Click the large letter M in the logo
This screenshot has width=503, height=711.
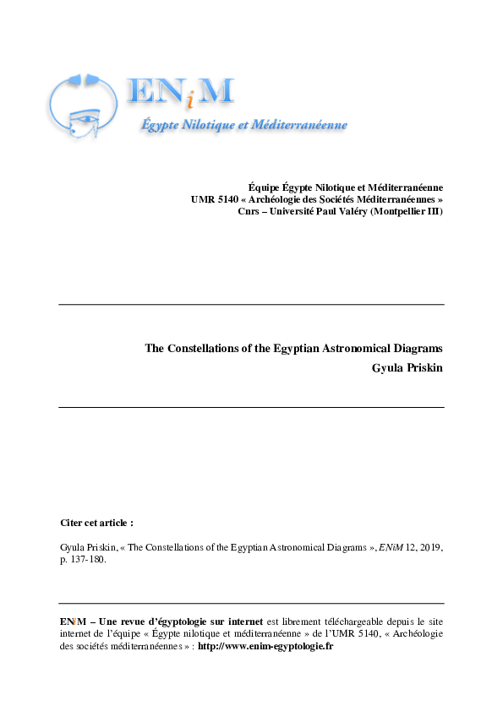(x=216, y=92)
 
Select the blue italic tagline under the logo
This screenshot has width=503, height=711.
(x=243, y=125)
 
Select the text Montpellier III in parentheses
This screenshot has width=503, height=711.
(x=409, y=211)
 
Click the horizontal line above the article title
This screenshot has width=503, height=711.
(x=251, y=304)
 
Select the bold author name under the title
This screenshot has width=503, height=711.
(x=407, y=367)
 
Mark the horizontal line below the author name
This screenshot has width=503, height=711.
(x=251, y=407)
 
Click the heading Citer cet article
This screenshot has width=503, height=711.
(x=97, y=524)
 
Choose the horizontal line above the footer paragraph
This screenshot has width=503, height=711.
(x=251, y=603)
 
